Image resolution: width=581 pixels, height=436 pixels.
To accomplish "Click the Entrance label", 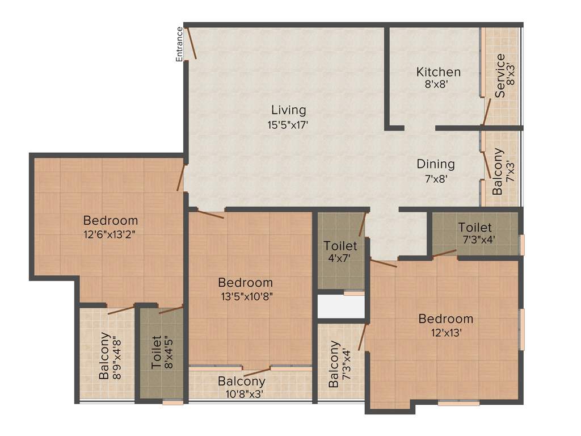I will tap(179, 44).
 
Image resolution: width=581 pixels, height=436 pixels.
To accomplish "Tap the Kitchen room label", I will tap(438, 72).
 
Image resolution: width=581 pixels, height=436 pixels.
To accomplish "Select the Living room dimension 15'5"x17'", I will tap(288, 125).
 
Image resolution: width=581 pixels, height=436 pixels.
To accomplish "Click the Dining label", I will tap(436, 164).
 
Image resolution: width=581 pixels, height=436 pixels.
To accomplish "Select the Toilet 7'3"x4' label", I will tap(475, 233).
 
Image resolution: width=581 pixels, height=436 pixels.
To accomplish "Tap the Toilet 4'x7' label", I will tap(340, 251).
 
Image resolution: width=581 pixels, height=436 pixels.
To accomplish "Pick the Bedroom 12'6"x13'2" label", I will tap(110, 226).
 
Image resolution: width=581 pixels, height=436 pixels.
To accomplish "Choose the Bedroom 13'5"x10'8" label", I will tap(245, 288).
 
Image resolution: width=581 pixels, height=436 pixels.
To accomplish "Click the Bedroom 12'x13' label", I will tap(445, 325).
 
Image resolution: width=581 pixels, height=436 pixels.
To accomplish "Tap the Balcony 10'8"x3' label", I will tap(241, 387).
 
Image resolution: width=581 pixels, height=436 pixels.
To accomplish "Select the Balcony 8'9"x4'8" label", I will tap(111, 358).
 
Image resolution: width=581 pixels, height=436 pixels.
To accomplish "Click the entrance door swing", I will tap(191, 43).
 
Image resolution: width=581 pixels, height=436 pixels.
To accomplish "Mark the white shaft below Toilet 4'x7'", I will tap(340, 307).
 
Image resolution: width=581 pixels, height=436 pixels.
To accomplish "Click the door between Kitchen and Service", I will tap(486, 111).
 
